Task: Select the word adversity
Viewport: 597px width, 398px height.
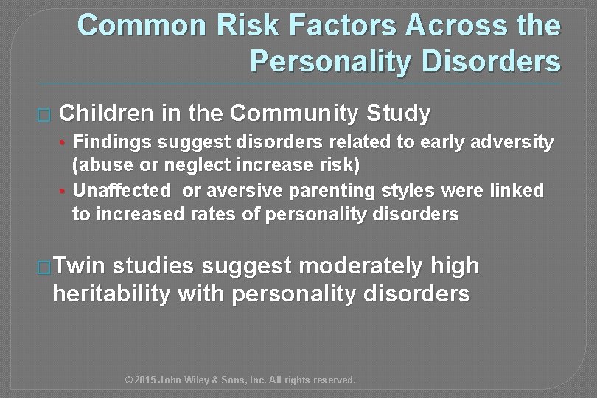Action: [x=513, y=142]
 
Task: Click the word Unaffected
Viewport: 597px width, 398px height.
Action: [x=122, y=190]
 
